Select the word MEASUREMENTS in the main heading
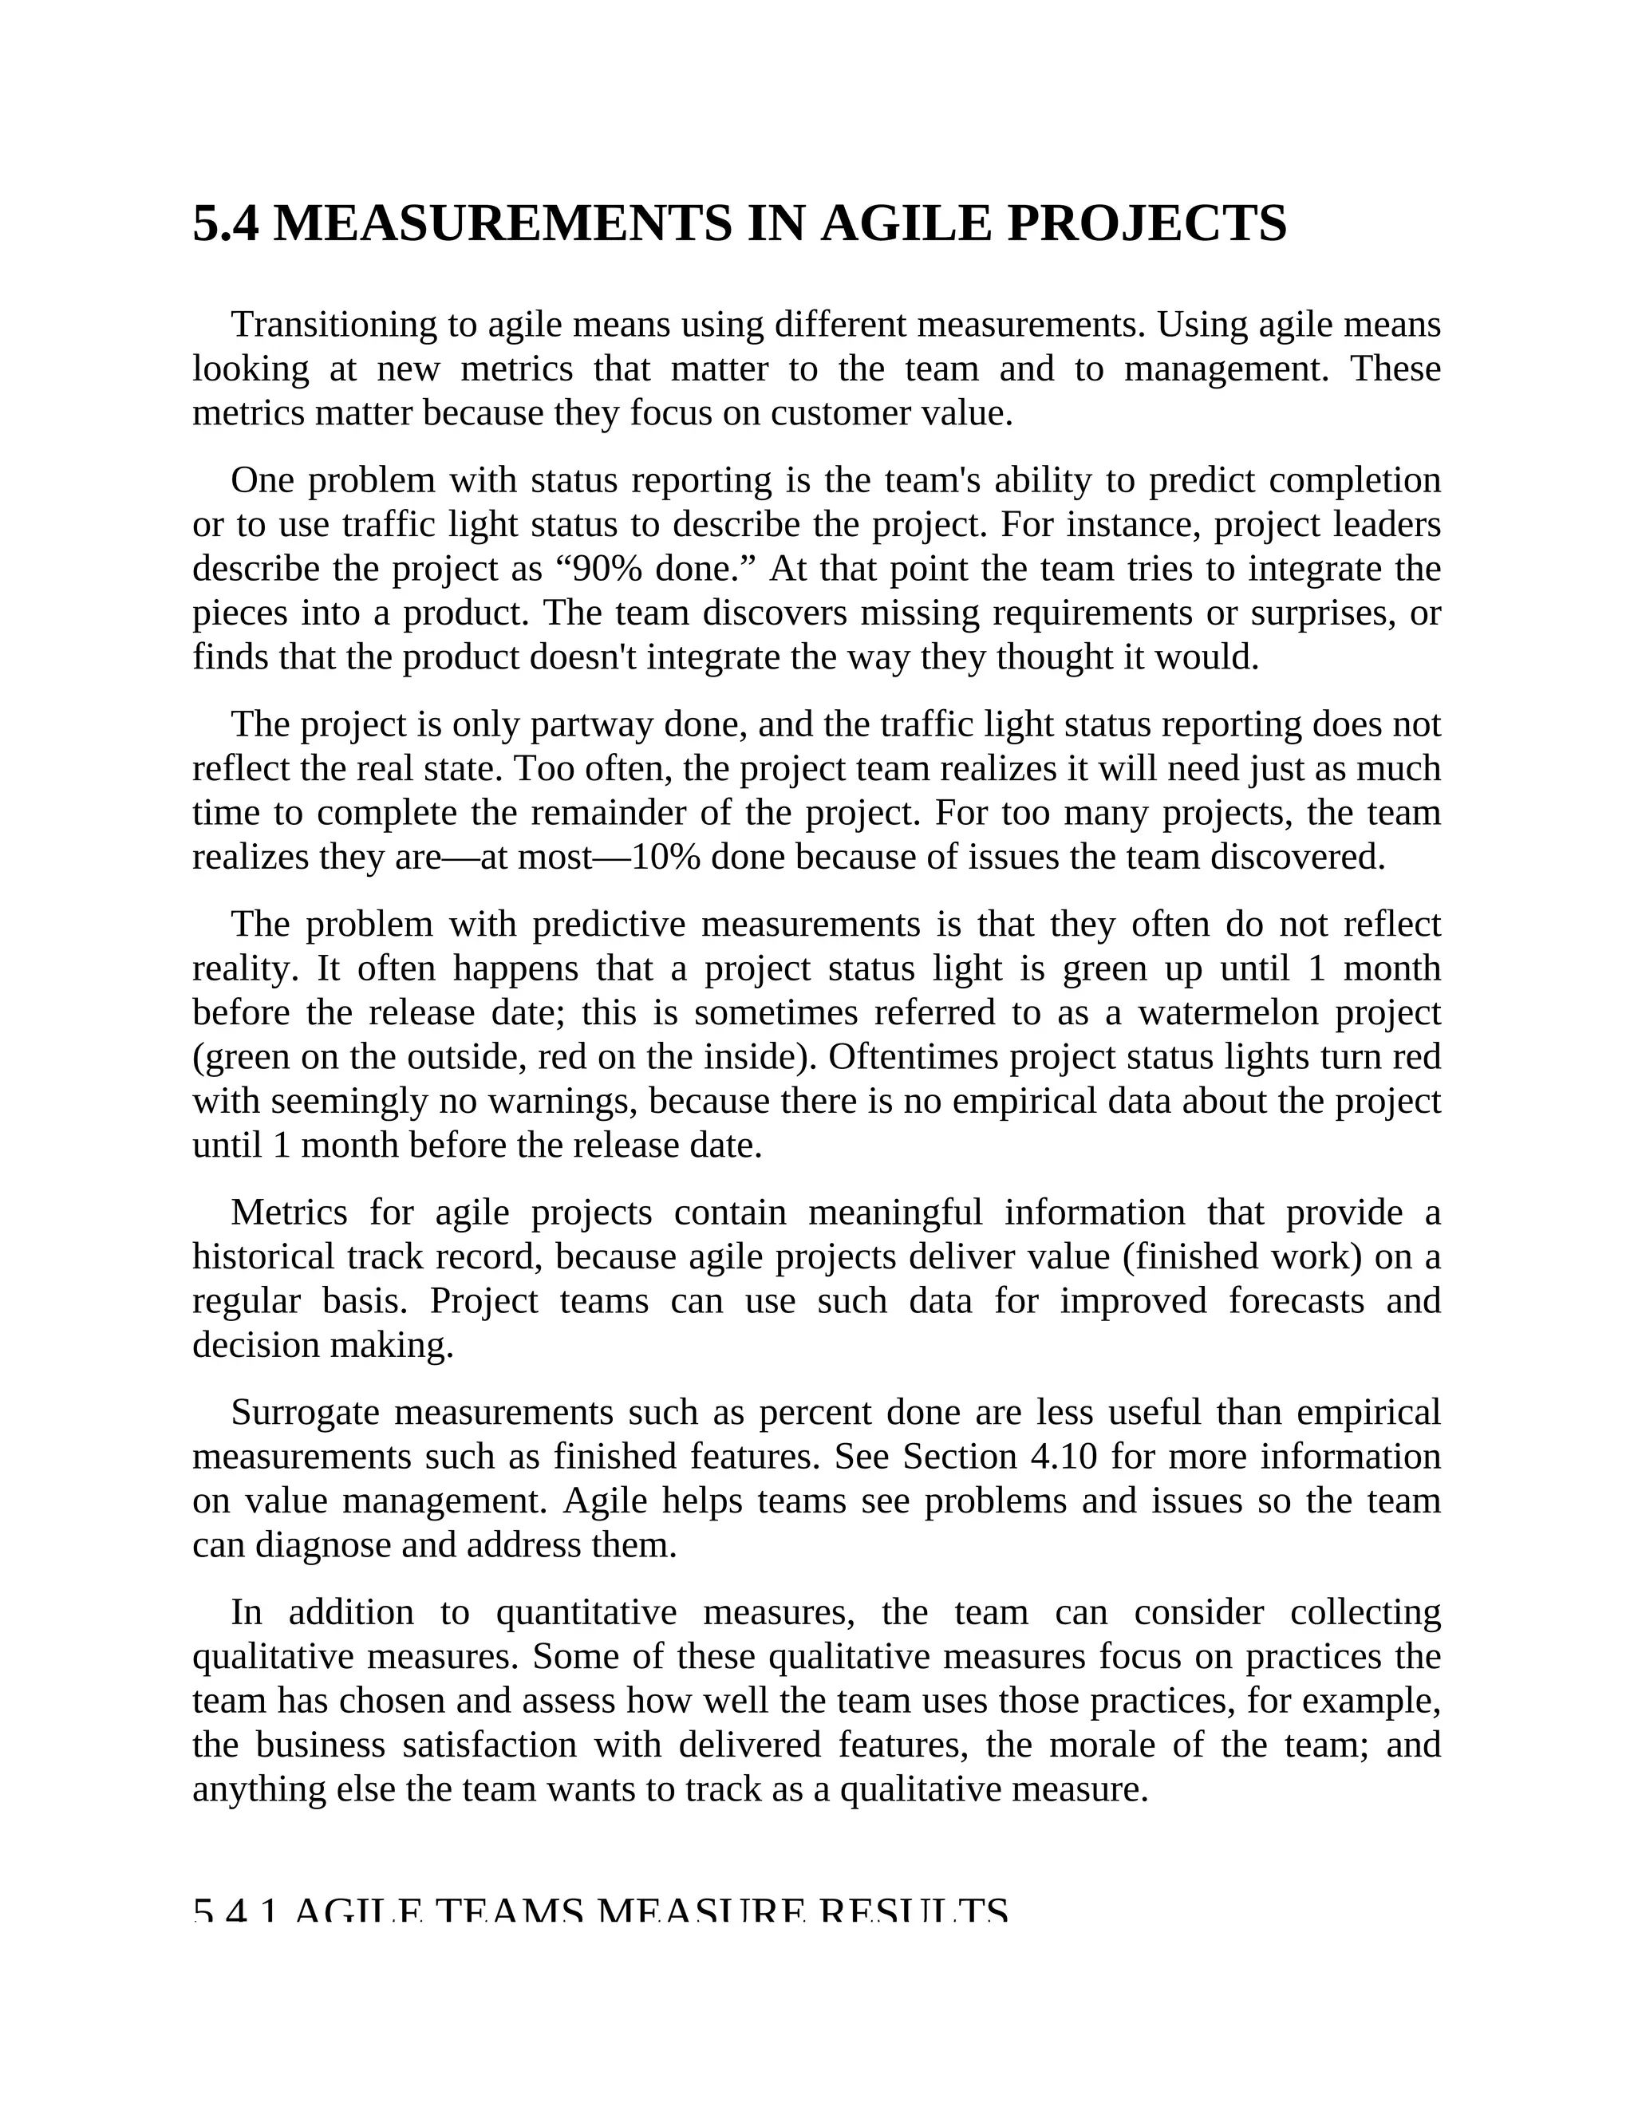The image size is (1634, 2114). pos(503,225)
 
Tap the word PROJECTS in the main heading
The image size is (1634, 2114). pos(1147,225)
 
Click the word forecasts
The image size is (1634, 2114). pos(1298,1301)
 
